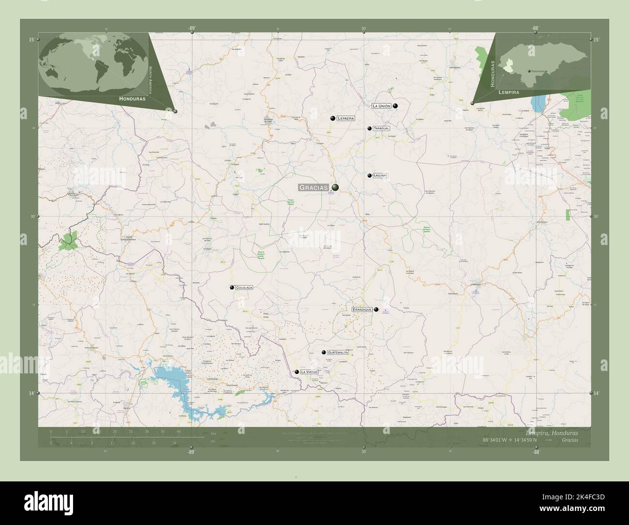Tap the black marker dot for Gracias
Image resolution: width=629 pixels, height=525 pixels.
[x=335, y=187]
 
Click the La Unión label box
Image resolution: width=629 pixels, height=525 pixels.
[x=381, y=106]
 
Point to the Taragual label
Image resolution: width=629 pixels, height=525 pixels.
[x=381, y=128]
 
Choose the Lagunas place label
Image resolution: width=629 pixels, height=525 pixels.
[x=381, y=175]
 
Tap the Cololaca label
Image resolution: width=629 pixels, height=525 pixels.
[x=244, y=288]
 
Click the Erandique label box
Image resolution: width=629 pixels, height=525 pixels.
[x=362, y=309]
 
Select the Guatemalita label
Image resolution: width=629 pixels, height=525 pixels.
[x=338, y=352]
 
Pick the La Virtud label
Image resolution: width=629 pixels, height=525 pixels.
[x=309, y=372]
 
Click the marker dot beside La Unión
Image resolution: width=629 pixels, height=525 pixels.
[x=395, y=106]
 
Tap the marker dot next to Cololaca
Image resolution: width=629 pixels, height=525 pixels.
[x=232, y=287]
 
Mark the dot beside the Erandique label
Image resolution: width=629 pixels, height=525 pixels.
[x=376, y=309]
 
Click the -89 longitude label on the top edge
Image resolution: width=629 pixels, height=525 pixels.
[x=192, y=29]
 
